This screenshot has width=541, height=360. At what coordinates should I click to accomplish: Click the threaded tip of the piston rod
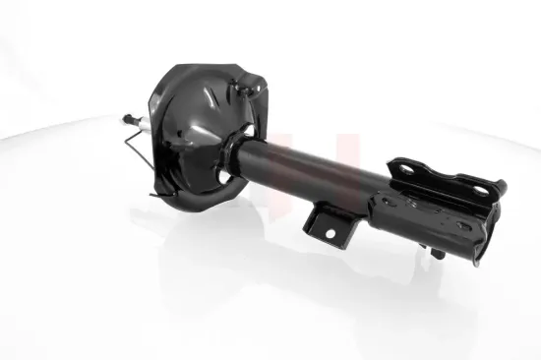[126, 121]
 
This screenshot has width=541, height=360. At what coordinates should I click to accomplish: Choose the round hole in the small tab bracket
[328, 232]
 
